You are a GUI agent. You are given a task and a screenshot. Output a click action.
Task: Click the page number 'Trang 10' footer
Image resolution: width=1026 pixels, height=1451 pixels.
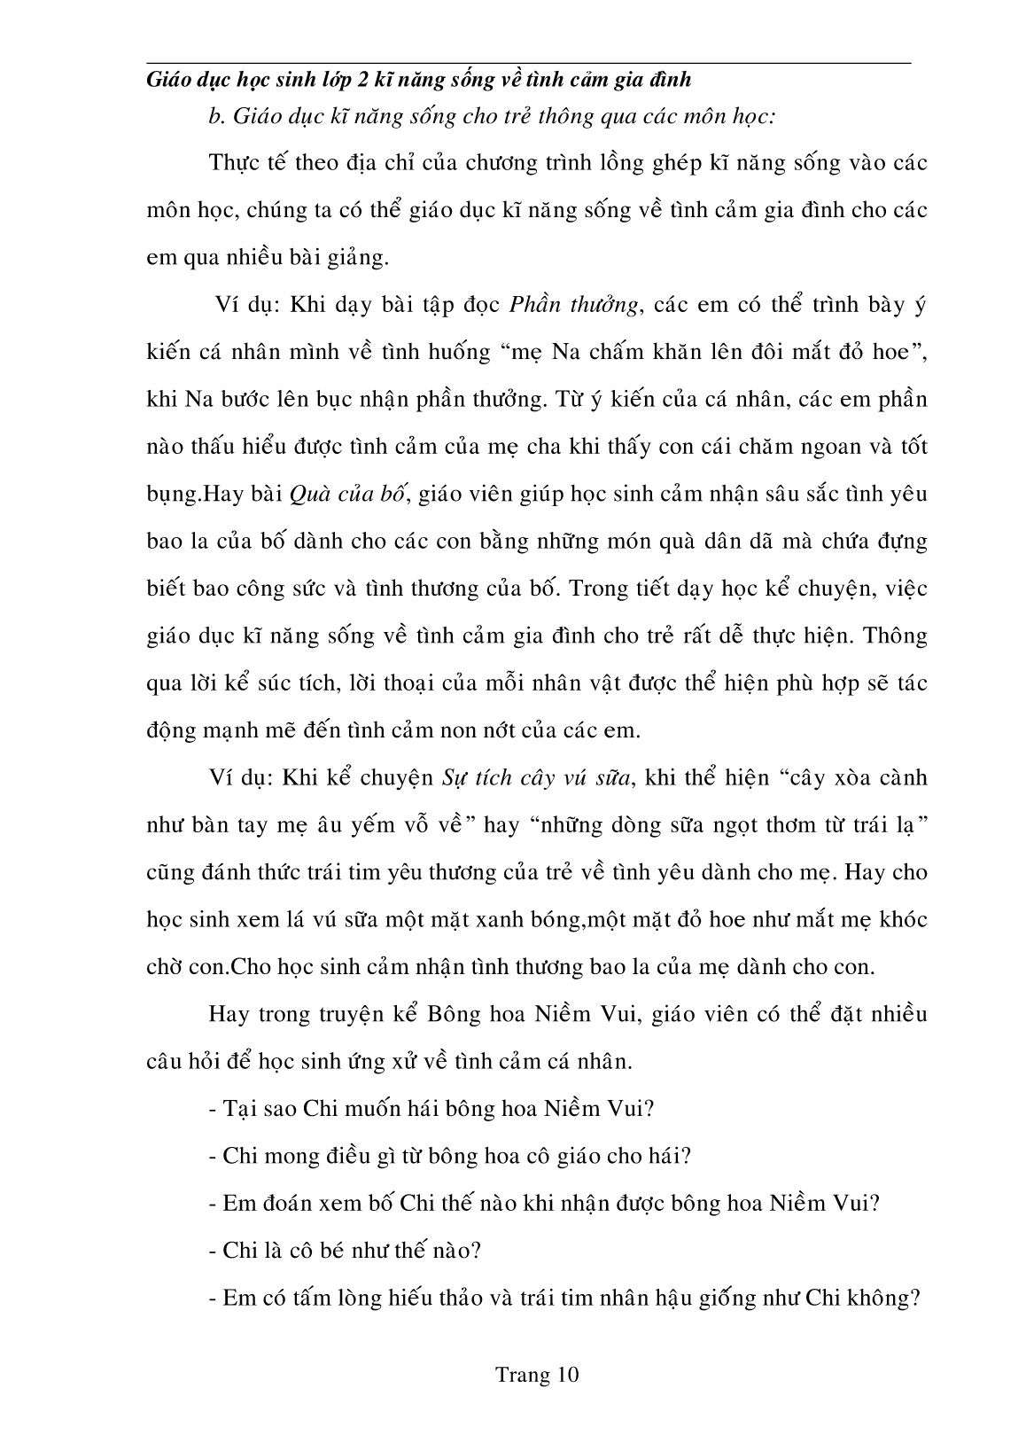point(537,1375)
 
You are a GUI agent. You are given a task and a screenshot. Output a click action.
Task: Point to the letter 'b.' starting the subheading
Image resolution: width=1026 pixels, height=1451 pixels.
point(213,117)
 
